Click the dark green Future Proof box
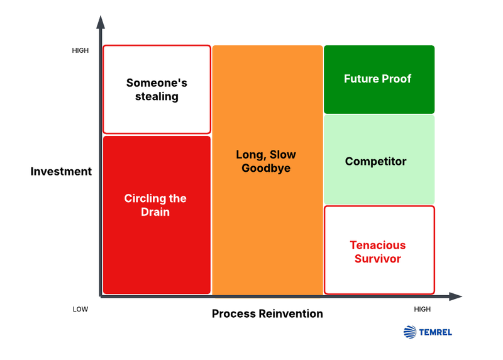coord(379,79)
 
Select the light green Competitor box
coord(379,160)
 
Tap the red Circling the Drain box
coord(156,214)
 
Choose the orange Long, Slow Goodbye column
coord(267,170)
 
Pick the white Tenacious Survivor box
coord(379,250)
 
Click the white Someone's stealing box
coord(157,89)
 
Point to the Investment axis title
coord(61,171)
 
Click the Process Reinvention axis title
coord(267,313)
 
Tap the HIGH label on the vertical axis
coord(80,50)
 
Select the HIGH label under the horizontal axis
coord(422,309)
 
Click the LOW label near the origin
coord(80,309)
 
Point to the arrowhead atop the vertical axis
coord(100,22)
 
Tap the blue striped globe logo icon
coord(410,332)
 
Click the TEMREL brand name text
coord(436,332)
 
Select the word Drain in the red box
coord(155,212)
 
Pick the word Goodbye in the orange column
coord(266,168)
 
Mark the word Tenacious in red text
coord(377,245)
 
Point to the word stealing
coord(157,96)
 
